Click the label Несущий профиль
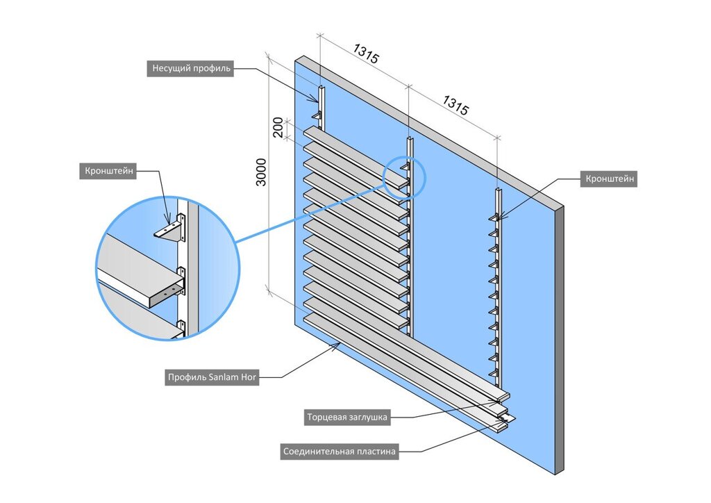(192, 68)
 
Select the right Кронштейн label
(608, 179)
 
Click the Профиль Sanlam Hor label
(212, 379)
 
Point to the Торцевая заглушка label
(347, 418)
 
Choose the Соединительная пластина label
(340, 452)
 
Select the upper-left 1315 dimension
(366, 53)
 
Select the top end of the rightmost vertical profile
(497, 190)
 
